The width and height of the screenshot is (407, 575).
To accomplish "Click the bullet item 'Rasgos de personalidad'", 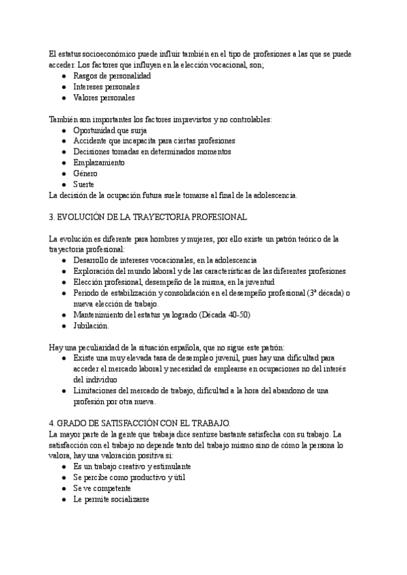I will click(x=112, y=76).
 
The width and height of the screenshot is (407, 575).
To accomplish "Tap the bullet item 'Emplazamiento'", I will click(x=99, y=163).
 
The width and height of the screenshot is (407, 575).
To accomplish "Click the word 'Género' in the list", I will click(x=85, y=174).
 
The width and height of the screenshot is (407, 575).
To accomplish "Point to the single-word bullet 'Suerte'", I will click(x=84, y=184).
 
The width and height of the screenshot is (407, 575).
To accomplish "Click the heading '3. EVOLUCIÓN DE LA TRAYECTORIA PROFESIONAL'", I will click(x=149, y=217).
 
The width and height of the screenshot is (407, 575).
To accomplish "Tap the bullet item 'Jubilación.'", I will click(x=90, y=325).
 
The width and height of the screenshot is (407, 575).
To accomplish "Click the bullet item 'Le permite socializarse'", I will click(x=111, y=499).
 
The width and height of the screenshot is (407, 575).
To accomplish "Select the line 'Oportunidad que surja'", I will click(x=110, y=130).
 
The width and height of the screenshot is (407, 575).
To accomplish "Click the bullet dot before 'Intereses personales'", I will click(x=63, y=87).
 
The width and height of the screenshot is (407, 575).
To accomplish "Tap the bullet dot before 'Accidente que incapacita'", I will click(x=63, y=141).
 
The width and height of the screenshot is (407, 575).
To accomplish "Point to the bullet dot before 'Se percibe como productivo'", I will click(x=63, y=477).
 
